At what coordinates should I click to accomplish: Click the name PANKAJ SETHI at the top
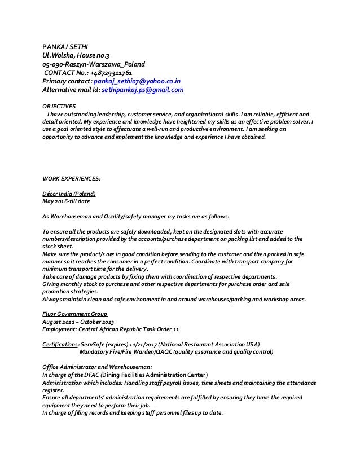pos(63,46)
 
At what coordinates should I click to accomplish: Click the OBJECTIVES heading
pos(59,105)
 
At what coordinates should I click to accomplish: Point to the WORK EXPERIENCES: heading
pos(72,178)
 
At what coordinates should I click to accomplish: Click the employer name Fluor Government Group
pos(75,314)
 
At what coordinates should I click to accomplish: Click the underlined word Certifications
pos(60,343)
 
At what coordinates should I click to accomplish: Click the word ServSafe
pos(94,343)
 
